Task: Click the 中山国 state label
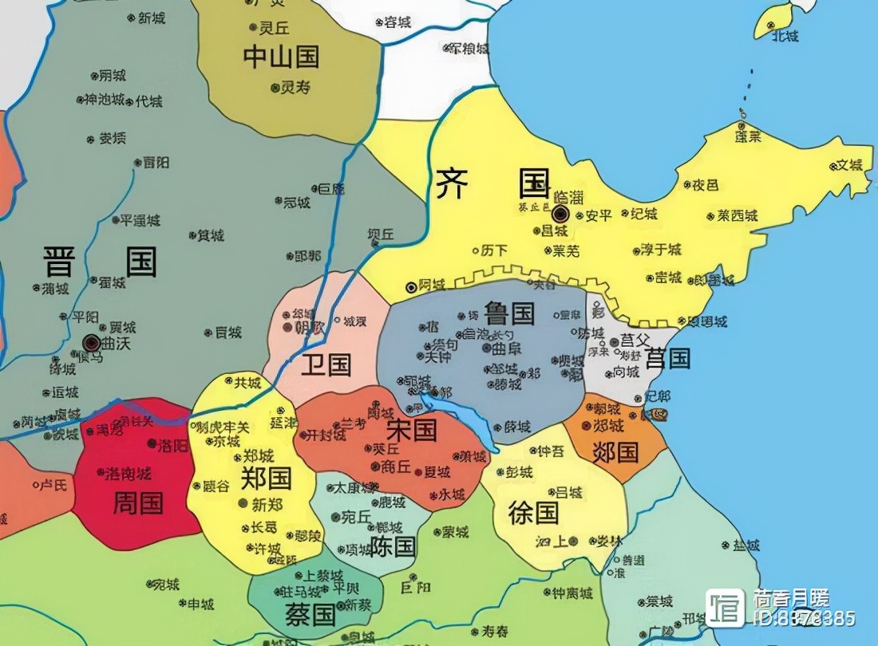tap(281, 57)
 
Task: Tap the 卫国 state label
tap(326, 364)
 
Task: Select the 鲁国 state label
tap(508, 313)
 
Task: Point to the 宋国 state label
tap(412, 430)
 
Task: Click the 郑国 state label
tap(266, 478)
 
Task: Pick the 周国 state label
tap(138, 502)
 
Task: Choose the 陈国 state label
tap(393, 546)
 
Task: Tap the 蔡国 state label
tap(310, 614)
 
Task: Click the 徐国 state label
tap(534, 512)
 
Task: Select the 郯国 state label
tap(615, 452)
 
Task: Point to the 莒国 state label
tap(667, 358)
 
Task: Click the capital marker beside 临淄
tap(560, 213)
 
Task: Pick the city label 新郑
tap(267, 505)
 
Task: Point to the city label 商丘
tap(396, 467)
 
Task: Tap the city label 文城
tap(848, 166)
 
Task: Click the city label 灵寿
tap(295, 88)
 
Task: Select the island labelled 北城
tap(785, 35)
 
